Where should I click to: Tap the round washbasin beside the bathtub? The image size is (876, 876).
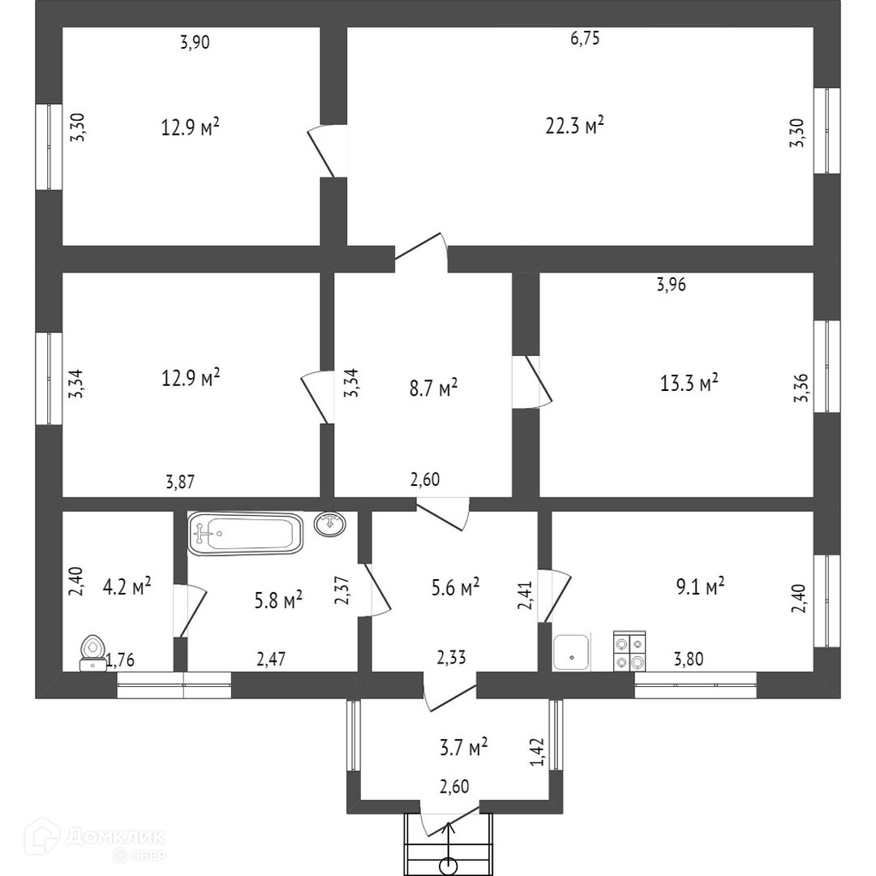tap(330, 524)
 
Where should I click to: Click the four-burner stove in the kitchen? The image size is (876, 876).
tap(629, 651)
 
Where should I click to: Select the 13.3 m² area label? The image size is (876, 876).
tap(689, 382)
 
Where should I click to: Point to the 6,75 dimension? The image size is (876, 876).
tap(585, 39)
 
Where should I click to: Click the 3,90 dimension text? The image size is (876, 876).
tap(195, 44)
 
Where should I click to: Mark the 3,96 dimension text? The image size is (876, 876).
tap(671, 285)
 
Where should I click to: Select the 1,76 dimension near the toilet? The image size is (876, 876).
tap(120, 659)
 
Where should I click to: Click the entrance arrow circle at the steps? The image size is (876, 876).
tap(447, 866)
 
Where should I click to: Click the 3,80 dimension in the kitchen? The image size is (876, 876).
tap(689, 659)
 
